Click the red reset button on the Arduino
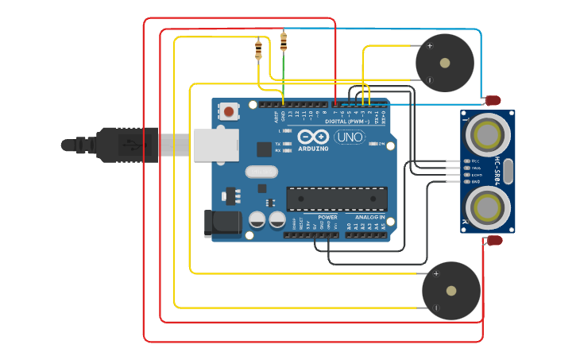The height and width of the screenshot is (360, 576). pyautogui.click(x=229, y=111)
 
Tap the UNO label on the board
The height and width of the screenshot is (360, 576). pyautogui.click(x=349, y=137)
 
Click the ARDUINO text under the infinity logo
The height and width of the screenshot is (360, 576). pyautogui.click(x=314, y=149)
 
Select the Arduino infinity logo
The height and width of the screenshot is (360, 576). pyautogui.click(x=313, y=137)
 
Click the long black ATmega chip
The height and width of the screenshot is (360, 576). pyautogui.click(x=337, y=199)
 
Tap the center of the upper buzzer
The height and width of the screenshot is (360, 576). pyautogui.click(x=444, y=63)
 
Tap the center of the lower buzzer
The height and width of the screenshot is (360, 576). pyautogui.click(x=450, y=291)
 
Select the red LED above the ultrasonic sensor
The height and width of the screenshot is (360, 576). pyautogui.click(x=493, y=100)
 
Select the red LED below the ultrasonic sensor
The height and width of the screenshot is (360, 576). pyautogui.click(x=494, y=240)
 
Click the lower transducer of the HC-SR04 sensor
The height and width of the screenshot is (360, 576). pyautogui.click(x=487, y=208)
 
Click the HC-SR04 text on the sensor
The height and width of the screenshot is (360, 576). pyautogui.click(x=498, y=172)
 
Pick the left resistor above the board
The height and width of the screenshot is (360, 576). pyautogui.click(x=258, y=50)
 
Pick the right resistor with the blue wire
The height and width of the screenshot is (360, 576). pyautogui.click(x=284, y=41)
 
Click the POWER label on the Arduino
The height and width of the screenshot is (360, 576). pyautogui.click(x=327, y=217)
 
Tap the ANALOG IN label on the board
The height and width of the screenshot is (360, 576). pyautogui.click(x=370, y=217)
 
